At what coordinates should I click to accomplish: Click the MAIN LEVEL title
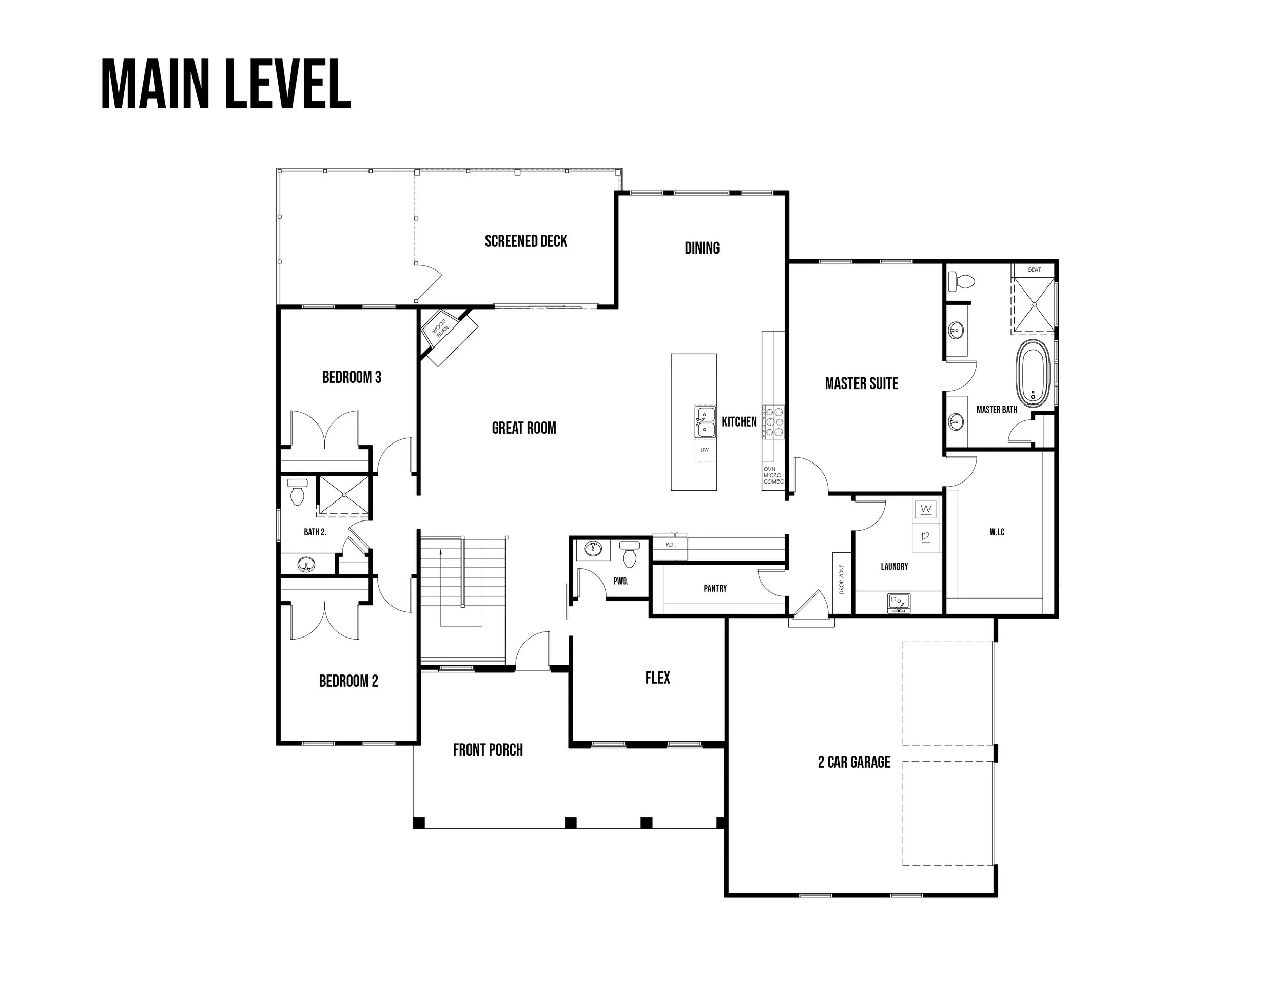pyautogui.click(x=226, y=84)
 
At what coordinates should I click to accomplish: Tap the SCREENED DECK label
pyautogui.click(x=526, y=241)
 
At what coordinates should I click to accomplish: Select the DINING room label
pyautogui.click(x=702, y=248)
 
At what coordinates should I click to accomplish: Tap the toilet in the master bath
pyautogui.click(x=961, y=281)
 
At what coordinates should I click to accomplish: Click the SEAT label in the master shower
pyautogui.click(x=1034, y=269)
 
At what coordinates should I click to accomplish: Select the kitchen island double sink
pyautogui.click(x=705, y=422)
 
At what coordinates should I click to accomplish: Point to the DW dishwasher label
pyautogui.click(x=705, y=450)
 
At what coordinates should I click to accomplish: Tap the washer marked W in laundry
pyautogui.click(x=926, y=509)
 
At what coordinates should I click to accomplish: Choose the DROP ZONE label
pyautogui.click(x=842, y=580)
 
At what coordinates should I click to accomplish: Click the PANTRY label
pyautogui.click(x=715, y=588)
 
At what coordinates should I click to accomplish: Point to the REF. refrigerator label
pyautogui.click(x=671, y=544)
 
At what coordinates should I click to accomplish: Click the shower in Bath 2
pyautogui.click(x=344, y=495)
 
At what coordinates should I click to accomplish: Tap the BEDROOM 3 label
pyautogui.click(x=352, y=377)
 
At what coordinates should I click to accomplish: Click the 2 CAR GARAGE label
pyautogui.click(x=854, y=762)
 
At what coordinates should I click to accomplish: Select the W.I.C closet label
pyautogui.click(x=997, y=532)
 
